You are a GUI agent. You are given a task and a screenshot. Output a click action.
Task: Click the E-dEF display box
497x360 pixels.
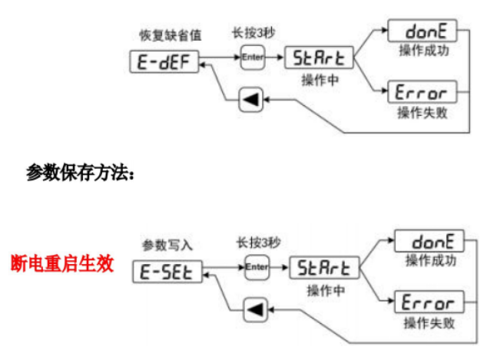[163, 61]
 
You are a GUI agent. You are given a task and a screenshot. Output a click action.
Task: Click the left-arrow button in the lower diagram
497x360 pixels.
[253, 310]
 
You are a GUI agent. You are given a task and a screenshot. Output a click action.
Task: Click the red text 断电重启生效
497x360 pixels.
[62, 264]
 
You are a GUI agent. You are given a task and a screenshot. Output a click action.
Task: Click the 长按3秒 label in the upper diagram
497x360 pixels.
[251, 33]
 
